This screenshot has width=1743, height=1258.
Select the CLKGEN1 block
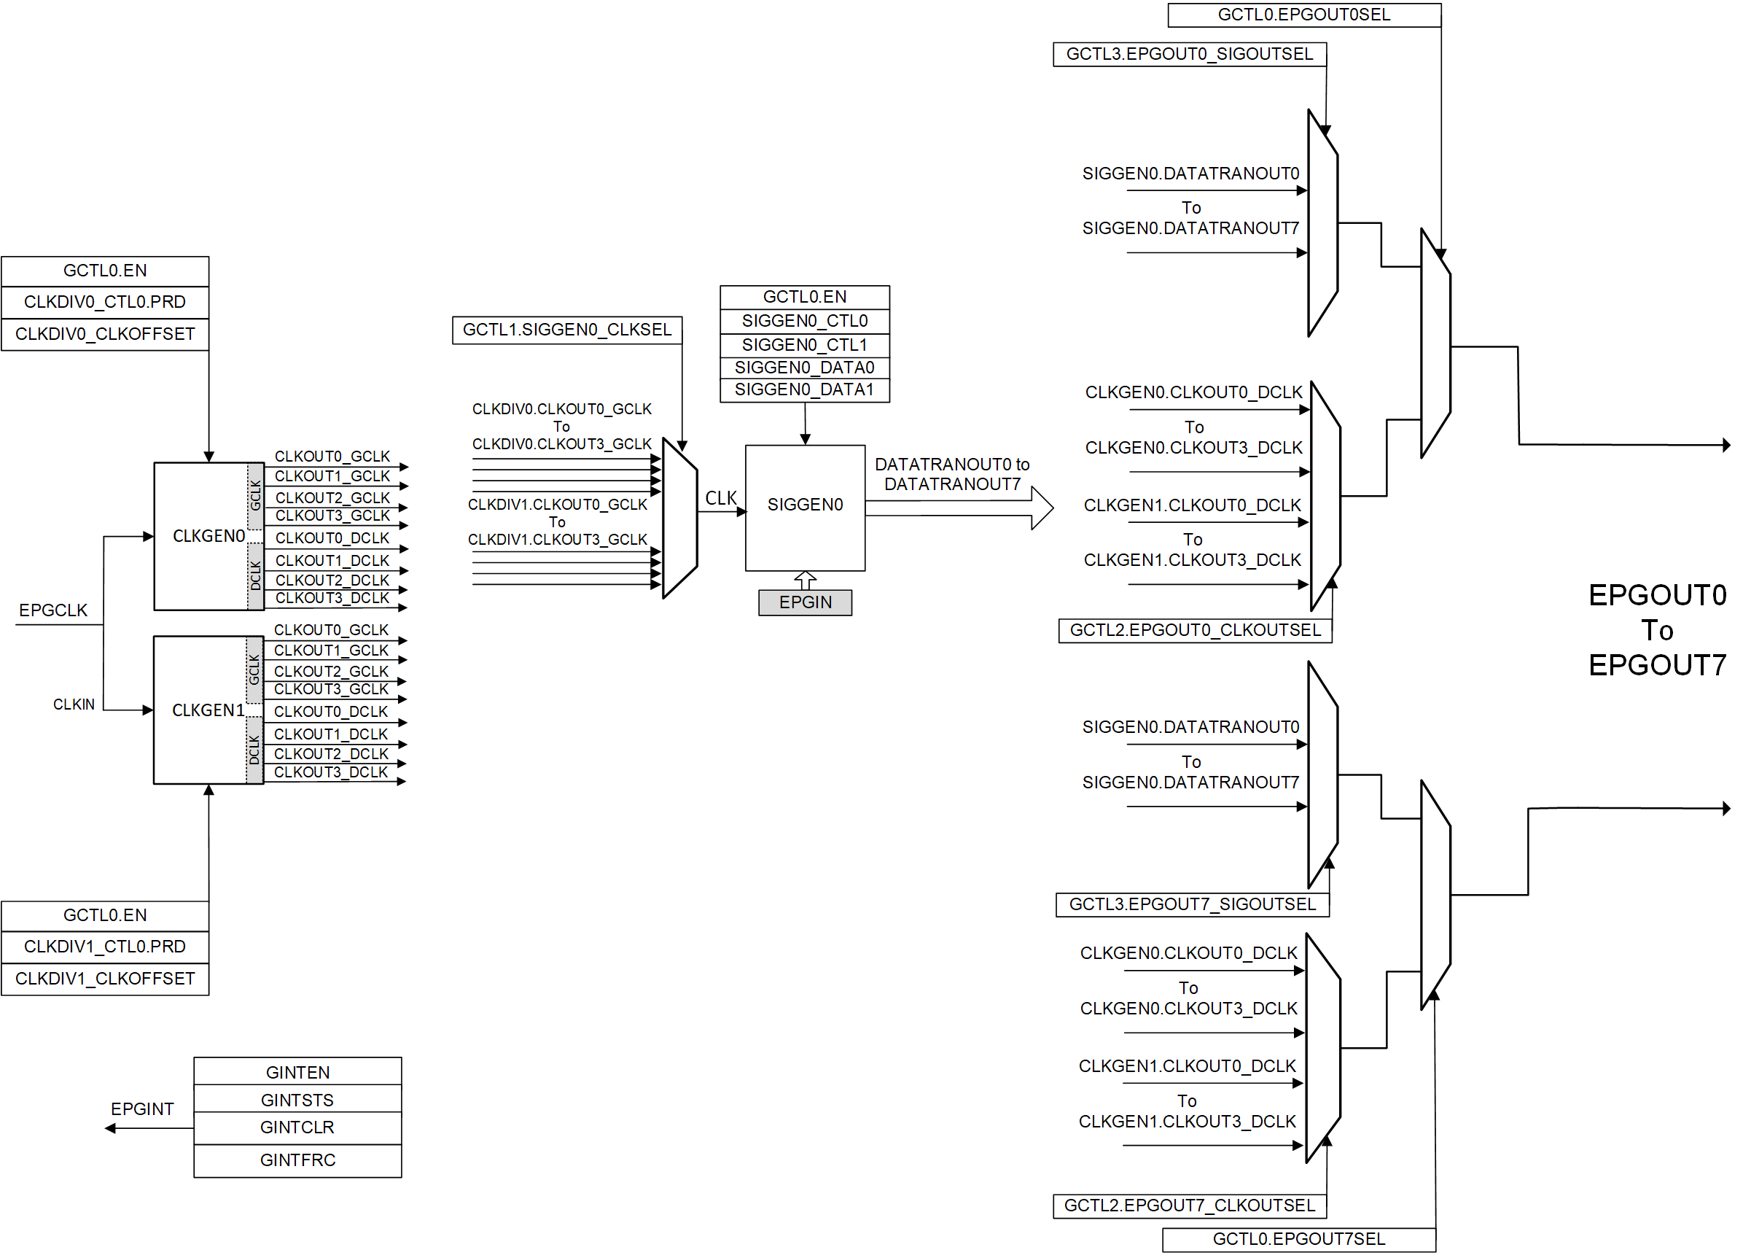click(x=200, y=710)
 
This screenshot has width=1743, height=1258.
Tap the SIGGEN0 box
click(x=805, y=506)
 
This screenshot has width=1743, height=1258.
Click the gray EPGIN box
click(x=805, y=602)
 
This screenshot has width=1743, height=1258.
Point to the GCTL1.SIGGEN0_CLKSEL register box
click(x=566, y=330)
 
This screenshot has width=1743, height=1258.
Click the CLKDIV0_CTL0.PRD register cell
click(x=104, y=302)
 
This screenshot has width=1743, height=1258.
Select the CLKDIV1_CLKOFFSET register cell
click(x=104, y=978)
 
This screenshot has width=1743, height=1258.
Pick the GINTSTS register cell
click(x=297, y=1100)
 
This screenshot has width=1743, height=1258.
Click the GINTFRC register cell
click(x=297, y=1160)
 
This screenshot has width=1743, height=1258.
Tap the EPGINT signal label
click(x=142, y=1108)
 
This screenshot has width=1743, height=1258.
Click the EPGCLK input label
click(x=53, y=610)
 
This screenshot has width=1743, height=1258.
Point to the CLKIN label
click(x=74, y=704)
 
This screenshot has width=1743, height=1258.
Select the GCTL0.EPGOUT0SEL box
click(x=1303, y=15)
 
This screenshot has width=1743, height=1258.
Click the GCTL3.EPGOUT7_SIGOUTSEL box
click(x=1192, y=904)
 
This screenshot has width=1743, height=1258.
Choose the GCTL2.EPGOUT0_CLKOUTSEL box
click(x=1195, y=631)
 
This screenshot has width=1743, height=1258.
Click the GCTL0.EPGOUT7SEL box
click(x=1298, y=1239)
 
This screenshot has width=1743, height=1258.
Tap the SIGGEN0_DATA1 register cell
click(x=804, y=390)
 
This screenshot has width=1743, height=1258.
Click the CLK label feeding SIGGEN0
click(x=720, y=498)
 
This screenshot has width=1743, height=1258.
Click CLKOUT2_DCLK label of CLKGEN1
click(x=330, y=754)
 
